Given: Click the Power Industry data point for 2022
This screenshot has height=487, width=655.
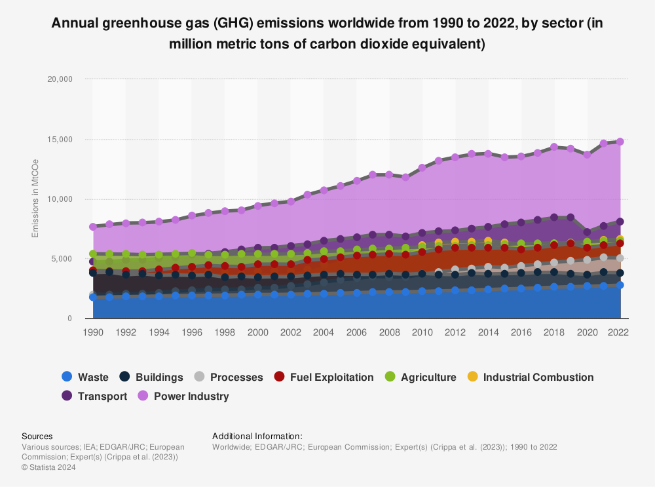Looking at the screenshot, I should (x=620, y=141).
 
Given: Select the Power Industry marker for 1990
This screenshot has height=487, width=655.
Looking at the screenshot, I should (x=93, y=226).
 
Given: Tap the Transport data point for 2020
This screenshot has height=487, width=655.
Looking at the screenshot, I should (x=587, y=232).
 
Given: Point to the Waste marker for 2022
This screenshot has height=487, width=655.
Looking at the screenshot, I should (x=620, y=285).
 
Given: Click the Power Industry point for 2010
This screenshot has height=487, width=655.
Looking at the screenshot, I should (x=422, y=167).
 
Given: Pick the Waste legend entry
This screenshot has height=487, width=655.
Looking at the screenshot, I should (x=84, y=377).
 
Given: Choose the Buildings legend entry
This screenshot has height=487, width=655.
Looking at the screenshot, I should (x=151, y=377).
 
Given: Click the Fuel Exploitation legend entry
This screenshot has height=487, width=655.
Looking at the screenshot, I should (x=324, y=377).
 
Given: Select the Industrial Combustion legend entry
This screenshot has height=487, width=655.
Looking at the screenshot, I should (x=530, y=377).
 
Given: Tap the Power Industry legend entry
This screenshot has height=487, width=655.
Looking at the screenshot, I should (x=183, y=396).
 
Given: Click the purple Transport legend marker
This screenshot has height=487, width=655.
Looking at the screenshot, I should (x=66, y=396).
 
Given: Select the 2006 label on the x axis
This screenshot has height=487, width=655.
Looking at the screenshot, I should (x=356, y=332).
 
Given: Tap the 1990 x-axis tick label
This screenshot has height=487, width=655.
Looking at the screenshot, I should (x=93, y=332).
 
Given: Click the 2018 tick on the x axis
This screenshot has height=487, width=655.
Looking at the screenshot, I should (x=554, y=332).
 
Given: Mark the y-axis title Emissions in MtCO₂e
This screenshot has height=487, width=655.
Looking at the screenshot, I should (x=35, y=199).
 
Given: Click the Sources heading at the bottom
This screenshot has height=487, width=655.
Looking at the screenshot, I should (x=37, y=436).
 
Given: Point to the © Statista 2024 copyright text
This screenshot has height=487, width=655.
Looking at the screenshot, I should (x=48, y=467).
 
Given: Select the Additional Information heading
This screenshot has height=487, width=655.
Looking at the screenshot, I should (x=257, y=436).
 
